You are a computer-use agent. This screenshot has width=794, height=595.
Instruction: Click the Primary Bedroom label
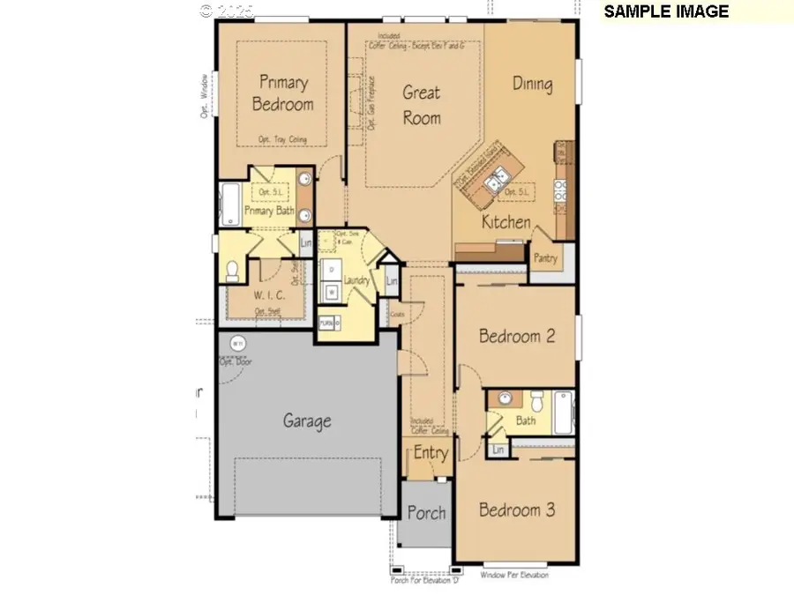(x=283, y=93)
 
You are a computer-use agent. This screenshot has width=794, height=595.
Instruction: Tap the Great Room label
(x=422, y=104)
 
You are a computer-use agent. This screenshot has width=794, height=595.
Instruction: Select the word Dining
(x=532, y=85)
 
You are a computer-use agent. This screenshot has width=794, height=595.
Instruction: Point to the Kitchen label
(x=506, y=222)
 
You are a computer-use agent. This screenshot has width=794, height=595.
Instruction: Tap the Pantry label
(x=545, y=258)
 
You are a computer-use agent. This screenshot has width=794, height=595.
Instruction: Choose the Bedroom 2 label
(x=516, y=336)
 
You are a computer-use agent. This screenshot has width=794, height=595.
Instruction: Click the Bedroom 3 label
(x=516, y=510)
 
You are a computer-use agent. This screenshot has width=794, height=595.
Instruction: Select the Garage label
(x=307, y=420)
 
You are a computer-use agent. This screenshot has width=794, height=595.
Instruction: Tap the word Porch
(x=426, y=513)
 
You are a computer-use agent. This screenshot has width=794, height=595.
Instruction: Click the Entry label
(x=431, y=453)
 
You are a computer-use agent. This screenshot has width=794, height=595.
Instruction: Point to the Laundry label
(x=356, y=281)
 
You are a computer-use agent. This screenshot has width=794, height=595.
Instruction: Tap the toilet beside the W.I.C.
(x=233, y=270)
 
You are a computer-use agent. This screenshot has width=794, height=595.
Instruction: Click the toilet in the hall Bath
(x=536, y=401)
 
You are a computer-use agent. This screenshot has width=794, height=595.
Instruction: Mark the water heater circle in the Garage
(x=236, y=342)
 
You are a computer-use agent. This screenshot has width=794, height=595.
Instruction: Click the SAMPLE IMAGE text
(x=666, y=11)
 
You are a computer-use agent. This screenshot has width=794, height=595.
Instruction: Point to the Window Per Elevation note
(x=514, y=576)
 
